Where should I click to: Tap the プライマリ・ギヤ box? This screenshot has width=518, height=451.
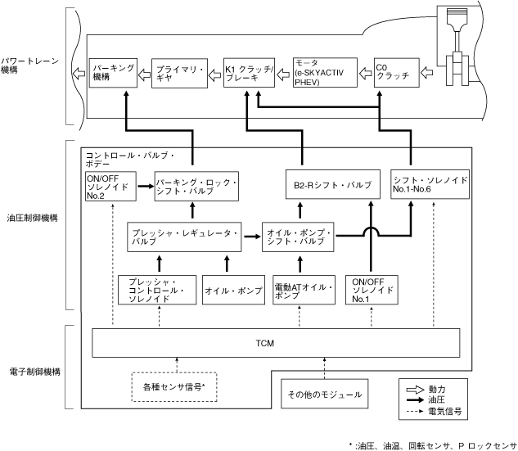click(176, 74)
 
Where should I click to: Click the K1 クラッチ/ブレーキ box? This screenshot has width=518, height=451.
click(246, 74)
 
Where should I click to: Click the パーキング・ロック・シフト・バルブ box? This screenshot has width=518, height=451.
click(197, 187)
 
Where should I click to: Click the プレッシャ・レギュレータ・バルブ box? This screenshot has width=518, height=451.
click(185, 237)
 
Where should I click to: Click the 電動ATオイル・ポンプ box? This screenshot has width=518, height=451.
click(303, 292)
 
